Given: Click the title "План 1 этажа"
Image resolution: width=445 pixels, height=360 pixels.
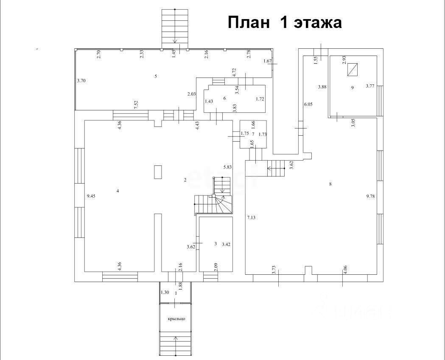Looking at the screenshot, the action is (285, 22).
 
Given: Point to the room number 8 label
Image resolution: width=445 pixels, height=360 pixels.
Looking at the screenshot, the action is (330, 184).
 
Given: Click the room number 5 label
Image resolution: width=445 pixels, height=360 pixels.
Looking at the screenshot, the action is (156, 76).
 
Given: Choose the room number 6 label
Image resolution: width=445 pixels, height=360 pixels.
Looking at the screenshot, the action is (224, 98).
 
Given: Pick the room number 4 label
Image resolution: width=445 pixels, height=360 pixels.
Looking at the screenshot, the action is (118, 191).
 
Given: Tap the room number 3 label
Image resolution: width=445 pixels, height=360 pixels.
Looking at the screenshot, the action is (216, 244).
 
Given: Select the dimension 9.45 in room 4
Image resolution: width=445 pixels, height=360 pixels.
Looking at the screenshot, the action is (91, 196).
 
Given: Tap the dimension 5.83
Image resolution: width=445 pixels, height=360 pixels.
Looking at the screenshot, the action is (228, 167).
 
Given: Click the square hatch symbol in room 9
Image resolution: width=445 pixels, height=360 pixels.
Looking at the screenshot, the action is (353, 70).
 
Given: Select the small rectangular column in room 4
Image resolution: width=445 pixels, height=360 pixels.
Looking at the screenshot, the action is (158, 172).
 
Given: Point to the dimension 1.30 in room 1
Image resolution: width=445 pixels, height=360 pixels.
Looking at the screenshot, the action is (165, 292).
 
